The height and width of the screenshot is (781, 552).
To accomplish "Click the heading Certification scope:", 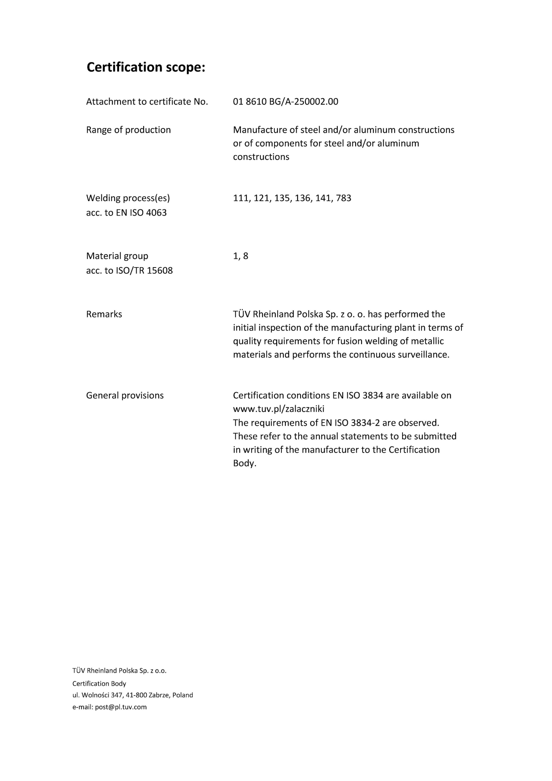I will point(146,67).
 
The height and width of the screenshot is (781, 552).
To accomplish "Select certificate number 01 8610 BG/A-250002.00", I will point(285,102).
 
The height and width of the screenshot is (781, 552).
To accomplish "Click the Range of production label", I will point(128,130).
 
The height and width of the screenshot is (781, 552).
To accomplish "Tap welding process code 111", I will point(241,198).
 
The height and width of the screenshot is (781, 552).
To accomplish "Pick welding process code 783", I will point(343,198).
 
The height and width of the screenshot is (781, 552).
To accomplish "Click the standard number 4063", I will point(156,213).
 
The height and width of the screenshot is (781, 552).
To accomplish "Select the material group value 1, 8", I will point(240,256).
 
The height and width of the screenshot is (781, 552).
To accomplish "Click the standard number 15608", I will point(160,271).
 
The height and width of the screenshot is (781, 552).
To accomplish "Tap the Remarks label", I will point(104,314).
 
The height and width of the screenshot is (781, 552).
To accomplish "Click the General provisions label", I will point(125,396).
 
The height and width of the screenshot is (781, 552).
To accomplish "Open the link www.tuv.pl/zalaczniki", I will point(278,409).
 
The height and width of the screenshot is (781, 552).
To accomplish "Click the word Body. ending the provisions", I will point(244,464).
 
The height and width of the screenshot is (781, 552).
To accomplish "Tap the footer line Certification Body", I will point(99,683).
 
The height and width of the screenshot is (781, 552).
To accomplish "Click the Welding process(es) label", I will point(128,198).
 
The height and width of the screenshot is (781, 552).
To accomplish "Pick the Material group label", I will point(117,256).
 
